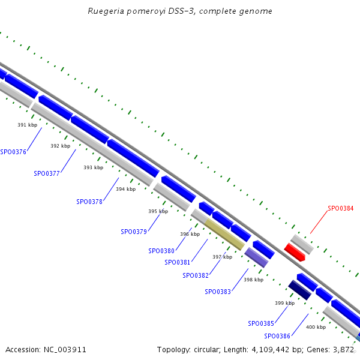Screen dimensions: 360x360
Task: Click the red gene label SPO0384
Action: coord(340,209)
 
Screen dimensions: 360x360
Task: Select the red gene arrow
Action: coord(295,252)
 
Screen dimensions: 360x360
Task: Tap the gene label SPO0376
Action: coord(13,152)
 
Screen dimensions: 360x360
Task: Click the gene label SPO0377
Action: coord(47,173)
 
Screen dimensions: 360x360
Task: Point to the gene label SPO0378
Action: coord(89,202)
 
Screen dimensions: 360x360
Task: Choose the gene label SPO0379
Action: coord(134,232)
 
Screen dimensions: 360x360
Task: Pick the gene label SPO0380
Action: coord(161,251)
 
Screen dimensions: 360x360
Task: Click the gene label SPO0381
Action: coord(178,262)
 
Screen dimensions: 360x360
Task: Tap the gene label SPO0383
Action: coord(217,292)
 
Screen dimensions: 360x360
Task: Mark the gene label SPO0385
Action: coord(261,323)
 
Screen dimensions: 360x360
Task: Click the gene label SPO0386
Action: coord(277,336)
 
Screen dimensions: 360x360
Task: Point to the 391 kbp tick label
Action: coord(27,125)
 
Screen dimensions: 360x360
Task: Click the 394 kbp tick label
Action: coord(126,189)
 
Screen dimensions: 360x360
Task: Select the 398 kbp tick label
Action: coord(253,280)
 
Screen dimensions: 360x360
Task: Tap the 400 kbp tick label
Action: coord(316,327)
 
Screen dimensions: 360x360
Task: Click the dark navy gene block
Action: coord(299,290)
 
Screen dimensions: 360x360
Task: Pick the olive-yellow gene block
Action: coord(224,234)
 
